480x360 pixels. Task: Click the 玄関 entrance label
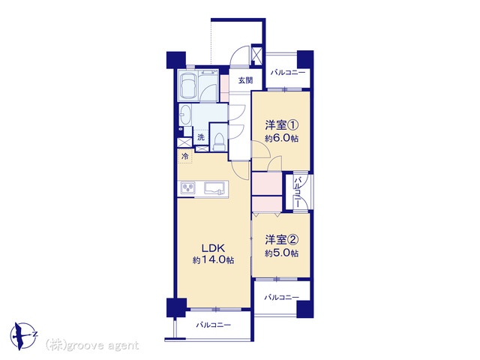pyautogui.click(x=245, y=81)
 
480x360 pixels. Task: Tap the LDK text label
pyautogui.click(x=213, y=247)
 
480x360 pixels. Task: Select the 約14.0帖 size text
pyautogui.click(x=213, y=260)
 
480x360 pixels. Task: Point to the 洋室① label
pyautogui.click(x=282, y=125)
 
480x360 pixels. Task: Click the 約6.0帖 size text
pyautogui.click(x=282, y=138)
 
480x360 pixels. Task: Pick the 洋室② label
pyautogui.click(x=282, y=240)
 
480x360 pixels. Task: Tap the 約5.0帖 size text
pyautogui.click(x=282, y=253)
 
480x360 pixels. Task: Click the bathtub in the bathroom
pyautogui.click(x=188, y=85)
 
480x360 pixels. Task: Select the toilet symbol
pyautogui.click(x=218, y=142)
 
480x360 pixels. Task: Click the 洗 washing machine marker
pyautogui.click(x=200, y=137)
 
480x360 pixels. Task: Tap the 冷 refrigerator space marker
pyautogui.click(x=185, y=157)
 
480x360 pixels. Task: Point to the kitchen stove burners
pyautogui.click(x=188, y=187)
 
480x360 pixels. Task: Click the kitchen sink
pyautogui.click(x=215, y=187)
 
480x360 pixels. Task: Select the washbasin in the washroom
pyautogui.click(x=184, y=115)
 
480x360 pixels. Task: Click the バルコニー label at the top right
pyautogui.click(x=288, y=73)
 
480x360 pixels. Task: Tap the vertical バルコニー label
pyautogui.click(x=298, y=192)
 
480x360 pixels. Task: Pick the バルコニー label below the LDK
pyautogui.click(x=213, y=325)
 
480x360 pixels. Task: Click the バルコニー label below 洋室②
pyautogui.click(x=282, y=297)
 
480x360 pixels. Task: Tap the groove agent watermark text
pyautogui.click(x=91, y=346)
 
